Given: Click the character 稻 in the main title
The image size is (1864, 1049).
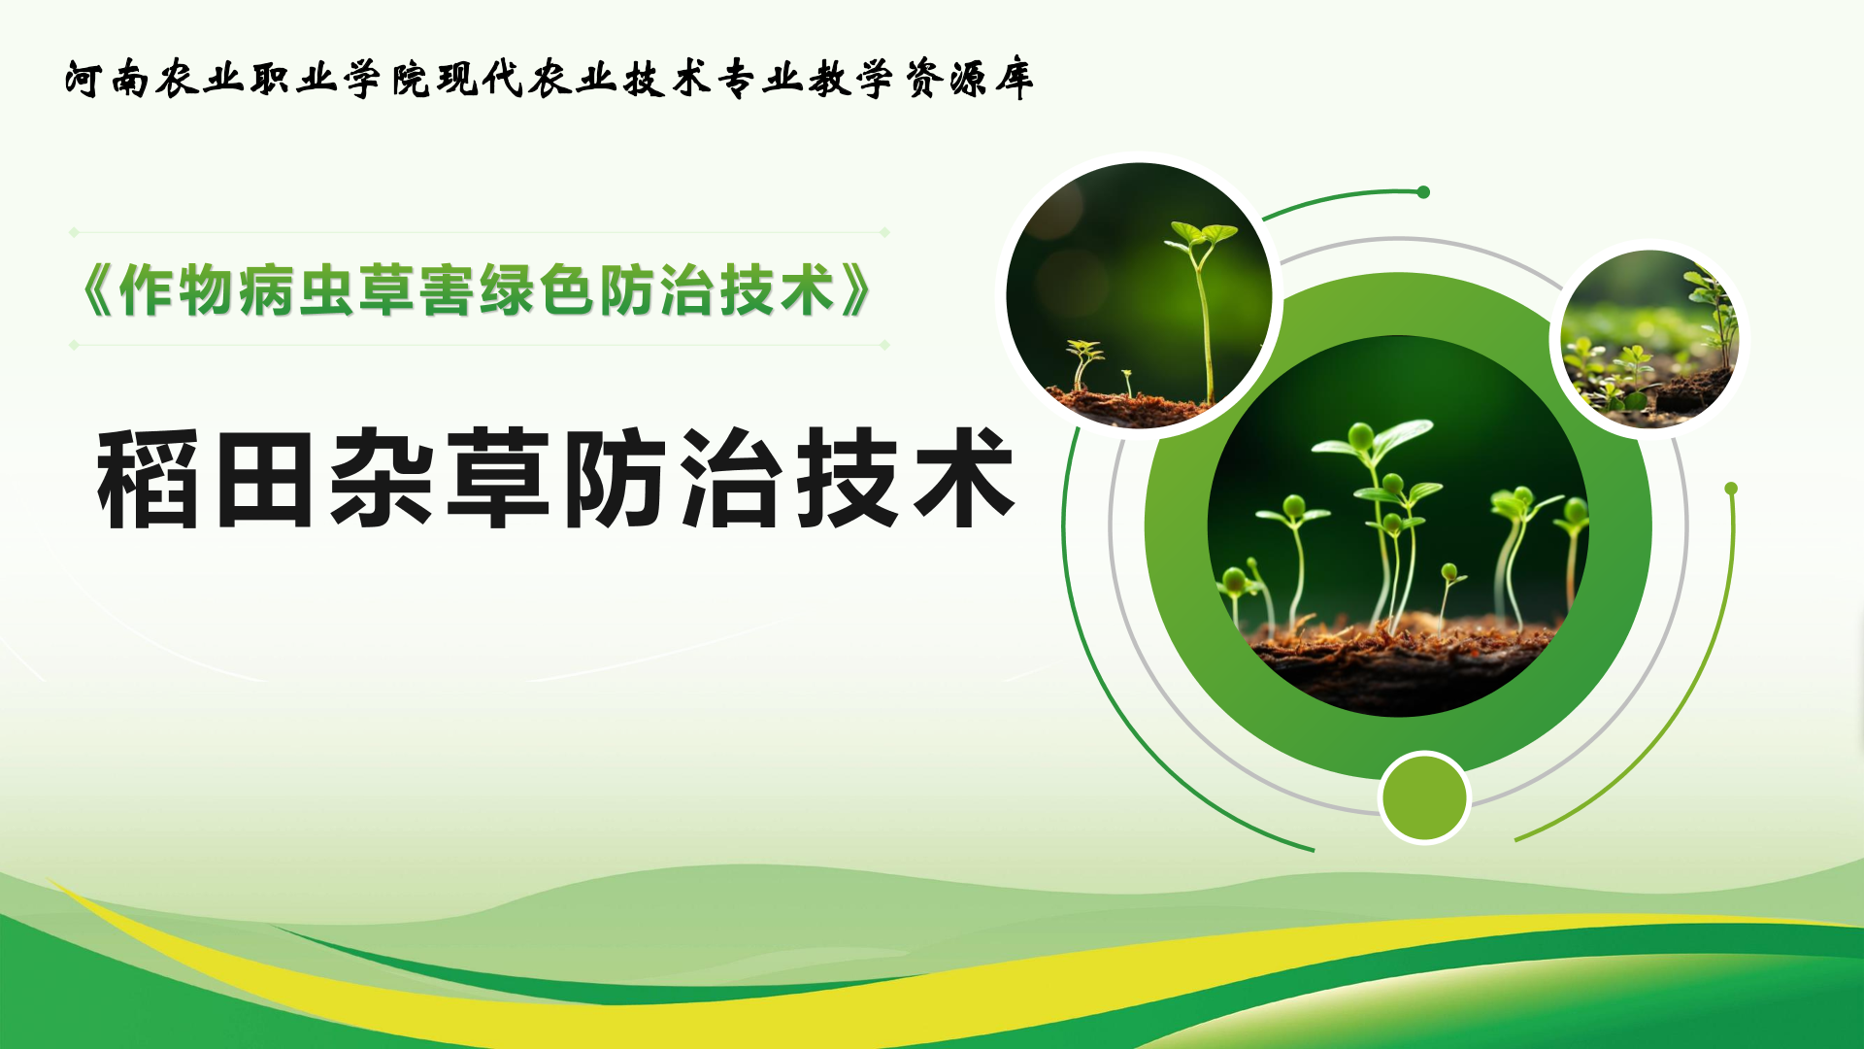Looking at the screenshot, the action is (x=148, y=479).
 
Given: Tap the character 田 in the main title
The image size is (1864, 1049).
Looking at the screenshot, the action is (x=265, y=479).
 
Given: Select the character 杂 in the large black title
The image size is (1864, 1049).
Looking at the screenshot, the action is (x=381, y=479).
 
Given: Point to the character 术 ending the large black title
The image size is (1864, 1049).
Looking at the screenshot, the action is (x=964, y=479).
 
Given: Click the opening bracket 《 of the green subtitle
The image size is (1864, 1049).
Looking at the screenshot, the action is (x=98, y=289).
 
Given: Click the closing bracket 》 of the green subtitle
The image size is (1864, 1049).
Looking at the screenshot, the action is (x=854, y=289).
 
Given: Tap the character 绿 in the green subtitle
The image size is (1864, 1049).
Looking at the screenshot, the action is (x=507, y=289).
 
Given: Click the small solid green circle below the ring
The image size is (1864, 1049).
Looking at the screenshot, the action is (x=1424, y=797).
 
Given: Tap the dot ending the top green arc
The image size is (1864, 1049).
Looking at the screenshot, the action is (x=1423, y=192).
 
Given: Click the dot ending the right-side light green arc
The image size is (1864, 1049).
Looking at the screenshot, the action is (x=1731, y=489).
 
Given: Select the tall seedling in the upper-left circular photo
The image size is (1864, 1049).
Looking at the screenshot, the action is (x=1203, y=311).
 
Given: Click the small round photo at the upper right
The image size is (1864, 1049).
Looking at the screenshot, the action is (x=1649, y=338).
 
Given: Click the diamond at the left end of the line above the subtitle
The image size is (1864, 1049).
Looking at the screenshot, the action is (x=74, y=232).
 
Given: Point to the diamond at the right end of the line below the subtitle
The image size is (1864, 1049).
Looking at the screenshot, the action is (x=884, y=345).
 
